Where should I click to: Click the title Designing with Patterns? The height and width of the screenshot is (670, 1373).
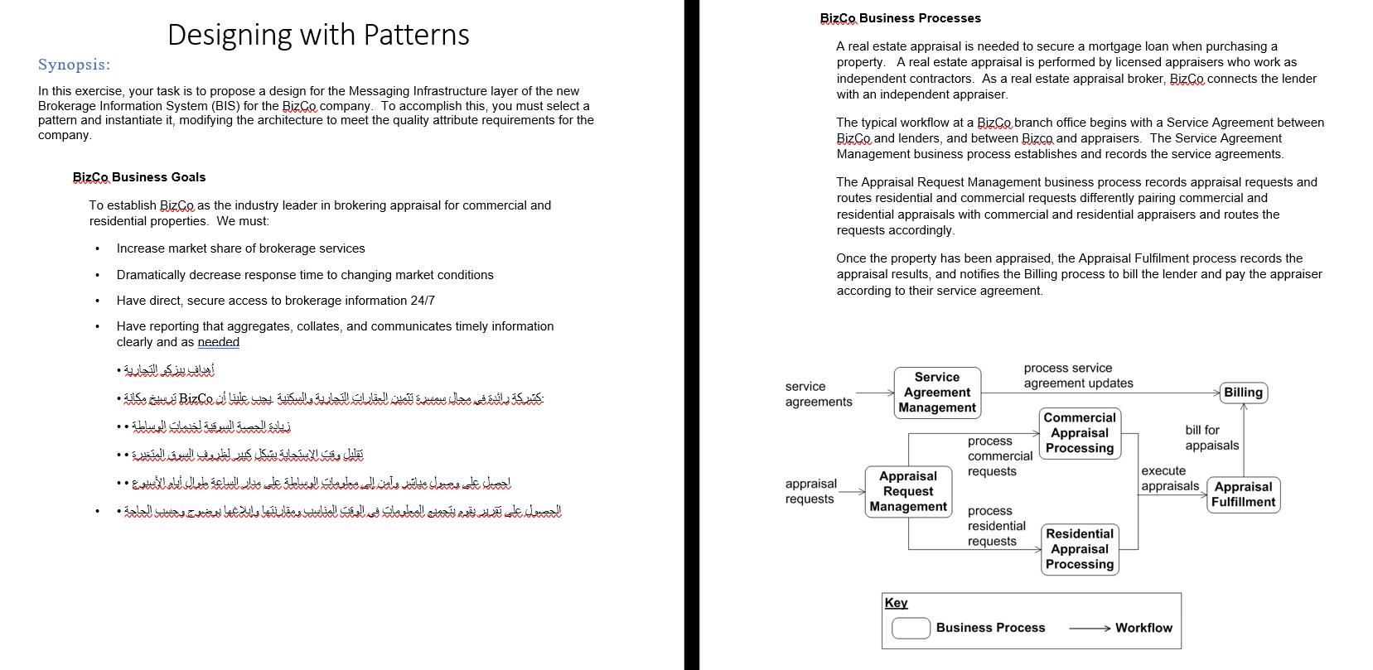coord(318,35)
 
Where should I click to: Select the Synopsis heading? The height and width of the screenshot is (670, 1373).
coord(74,65)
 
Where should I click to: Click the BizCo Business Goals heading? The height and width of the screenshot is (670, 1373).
coord(139,177)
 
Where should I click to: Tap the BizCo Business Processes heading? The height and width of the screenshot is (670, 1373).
coord(900,18)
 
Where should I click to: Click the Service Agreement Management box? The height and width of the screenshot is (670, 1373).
coord(937,392)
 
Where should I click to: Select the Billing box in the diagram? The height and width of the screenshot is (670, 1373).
coord(1243,393)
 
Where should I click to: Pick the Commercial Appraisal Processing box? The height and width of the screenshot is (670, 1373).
coord(1079,433)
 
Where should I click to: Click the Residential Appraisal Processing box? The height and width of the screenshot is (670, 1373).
coord(1079,549)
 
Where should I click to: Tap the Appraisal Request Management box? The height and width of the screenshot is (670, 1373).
coord(908,491)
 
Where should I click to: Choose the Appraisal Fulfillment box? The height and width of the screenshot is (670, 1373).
coord(1243,494)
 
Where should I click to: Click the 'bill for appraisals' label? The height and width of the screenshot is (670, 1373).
coord(1211,437)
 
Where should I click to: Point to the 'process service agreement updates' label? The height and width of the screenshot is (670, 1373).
coord(1078,375)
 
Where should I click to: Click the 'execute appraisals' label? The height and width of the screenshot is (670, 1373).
coord(1169,478)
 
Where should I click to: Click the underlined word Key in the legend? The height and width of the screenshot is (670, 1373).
coord(896,603)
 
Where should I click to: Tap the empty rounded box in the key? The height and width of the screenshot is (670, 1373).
coord(911,628)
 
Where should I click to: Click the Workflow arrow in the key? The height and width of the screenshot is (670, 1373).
coord(1089,629)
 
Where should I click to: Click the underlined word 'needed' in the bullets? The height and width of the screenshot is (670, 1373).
coord(218,342)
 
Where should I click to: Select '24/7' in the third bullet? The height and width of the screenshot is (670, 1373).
coord(423,301)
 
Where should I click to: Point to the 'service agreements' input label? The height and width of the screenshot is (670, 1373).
coord(818,393)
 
